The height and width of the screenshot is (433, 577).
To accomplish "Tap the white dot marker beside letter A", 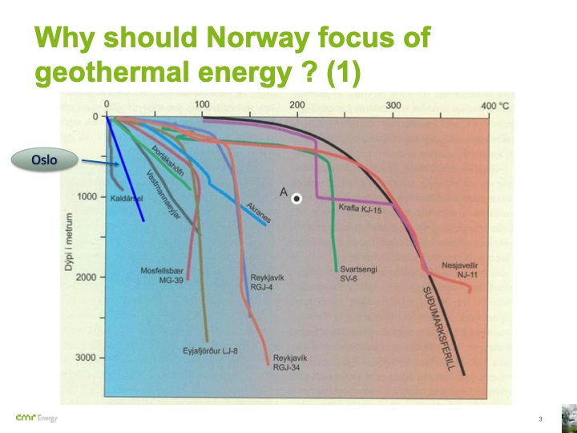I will point(297,198).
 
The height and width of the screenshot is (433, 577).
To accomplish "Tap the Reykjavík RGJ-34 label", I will point(290,362).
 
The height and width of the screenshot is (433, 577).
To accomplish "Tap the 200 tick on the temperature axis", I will point(297,105).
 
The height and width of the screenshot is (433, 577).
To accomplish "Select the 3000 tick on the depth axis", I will point(85,358).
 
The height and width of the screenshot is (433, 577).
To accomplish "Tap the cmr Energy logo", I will point(36,419).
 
